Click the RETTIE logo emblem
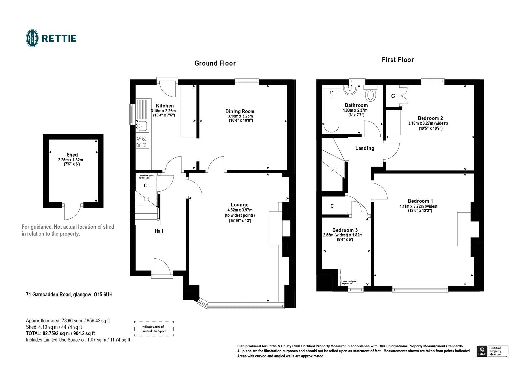[32, 38]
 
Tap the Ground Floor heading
[215, 63]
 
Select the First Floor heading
[398, 60]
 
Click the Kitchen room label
[165, 106]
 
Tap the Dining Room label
[241, 111]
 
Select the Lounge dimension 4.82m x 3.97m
[240, 210]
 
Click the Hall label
[159, 231]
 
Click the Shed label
[72, 155]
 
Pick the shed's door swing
[72, 212]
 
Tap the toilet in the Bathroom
[371, 95]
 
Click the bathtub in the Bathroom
[331, 111]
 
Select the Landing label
[364, 148]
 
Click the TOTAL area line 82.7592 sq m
[60, 333]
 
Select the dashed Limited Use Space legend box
[154, 329]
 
